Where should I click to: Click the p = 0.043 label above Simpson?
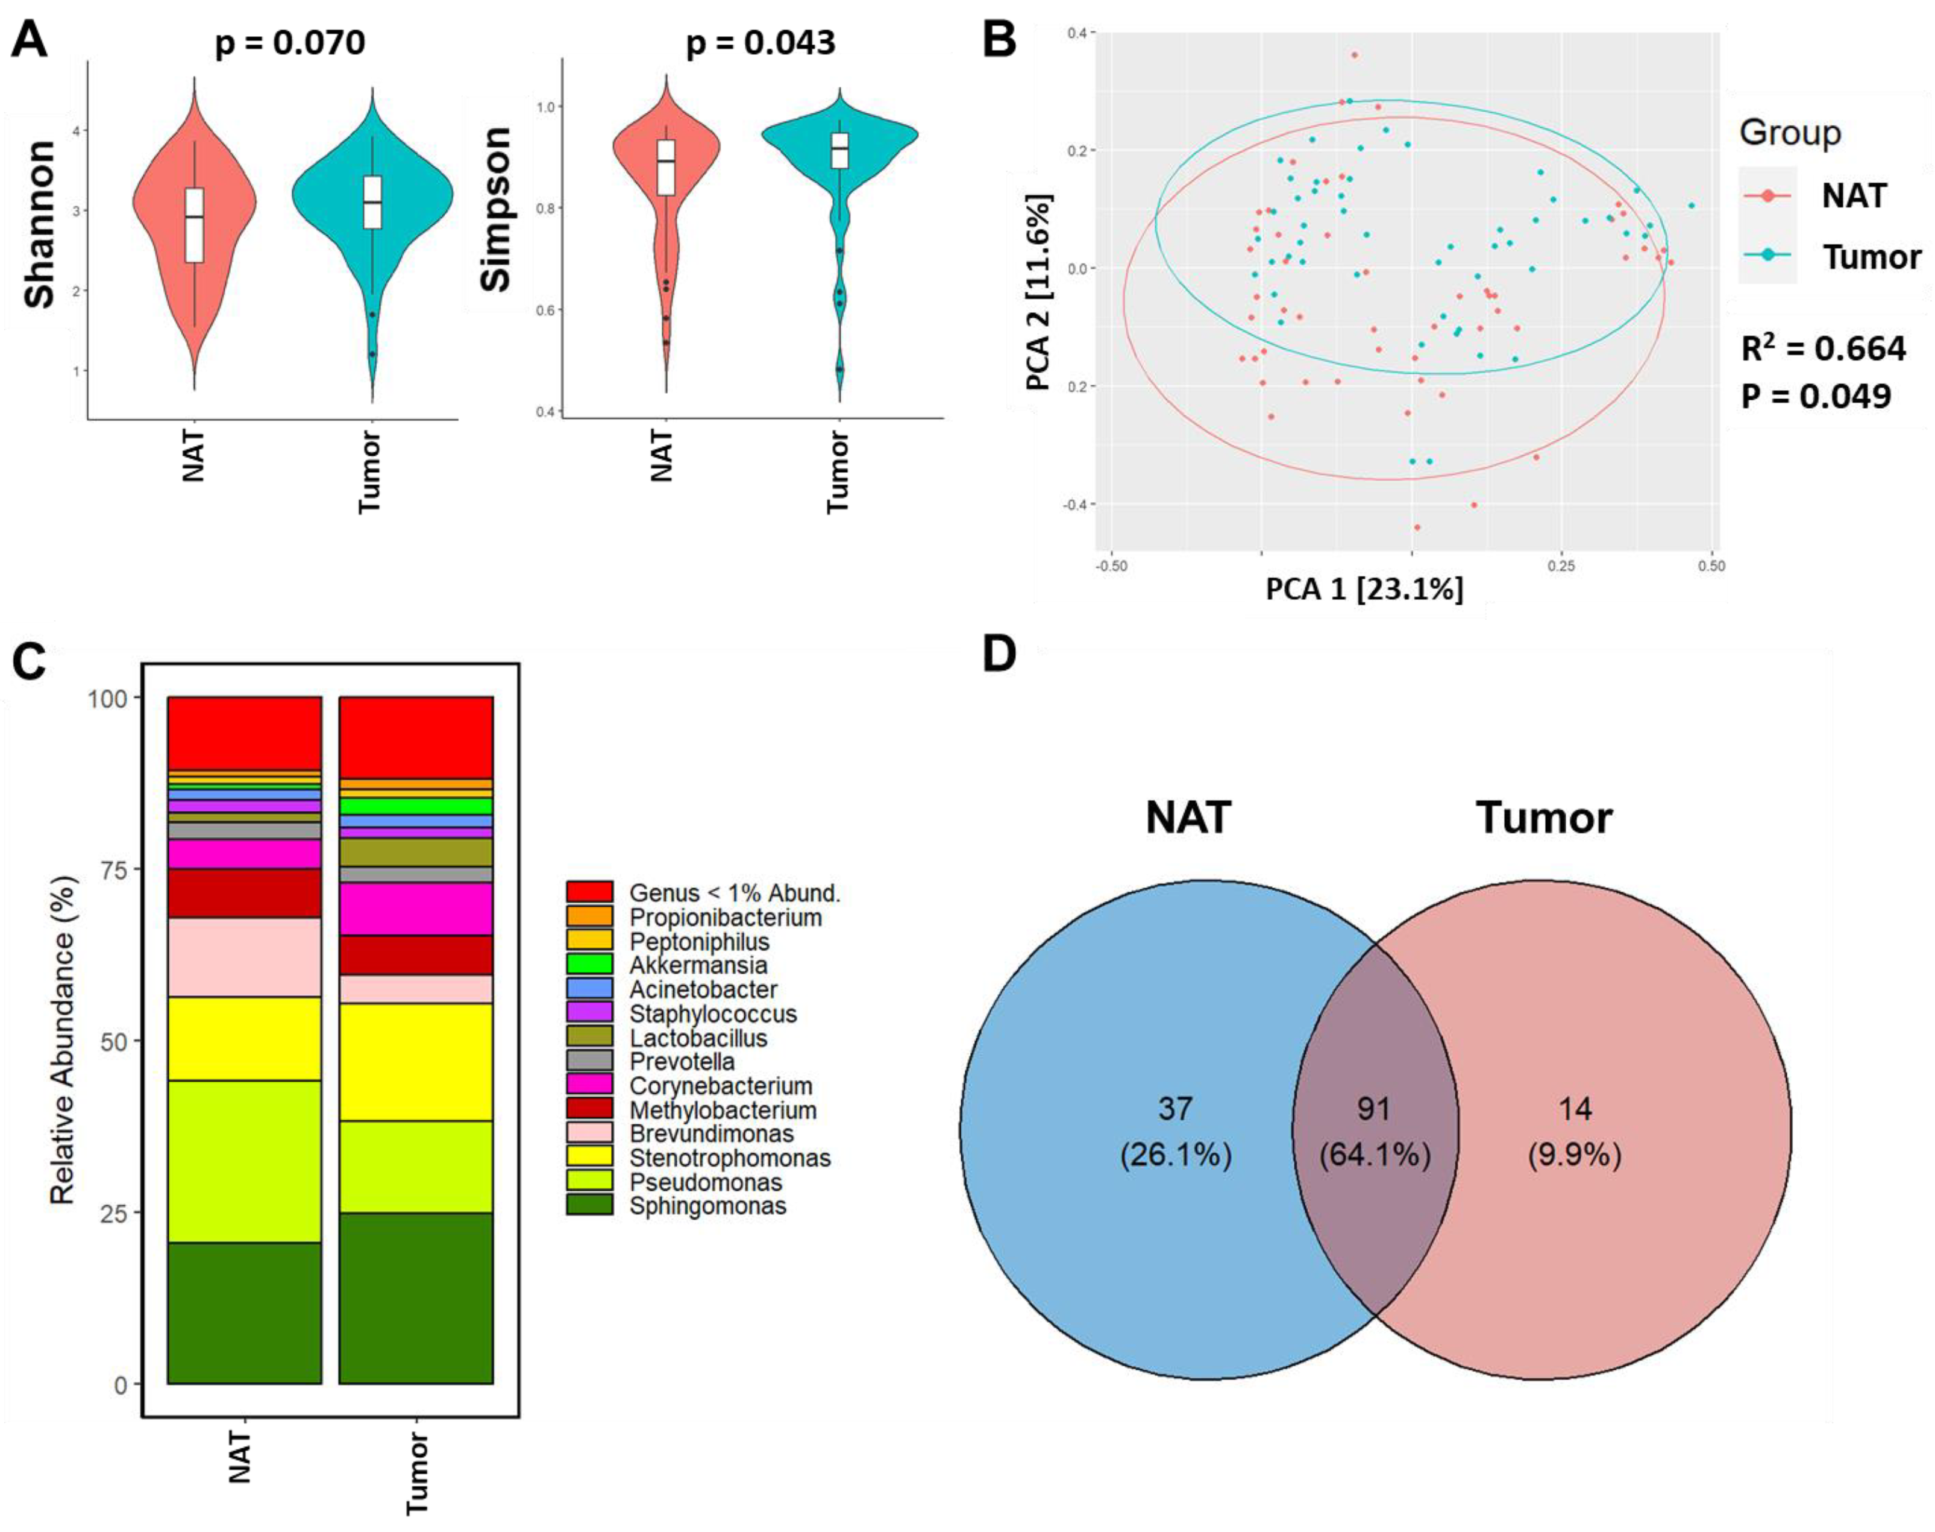click(761, 43)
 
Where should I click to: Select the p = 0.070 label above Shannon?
click(290, 43)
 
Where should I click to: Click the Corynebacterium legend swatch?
click(589, 1085)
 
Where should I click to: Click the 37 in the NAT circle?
click(1174, 1109)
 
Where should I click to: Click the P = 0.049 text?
click(1816, 396)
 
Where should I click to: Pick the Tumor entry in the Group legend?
click(1871, 257)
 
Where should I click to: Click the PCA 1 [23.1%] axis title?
click(1364, 589)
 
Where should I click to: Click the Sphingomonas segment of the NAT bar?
click(244, 1313)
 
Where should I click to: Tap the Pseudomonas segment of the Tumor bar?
click(416, 1167)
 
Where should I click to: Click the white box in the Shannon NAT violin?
click(193, 225)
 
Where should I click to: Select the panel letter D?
click(1000, 655)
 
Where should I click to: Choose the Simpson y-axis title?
click(496, 209)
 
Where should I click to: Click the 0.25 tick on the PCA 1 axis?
click(1561, 567)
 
